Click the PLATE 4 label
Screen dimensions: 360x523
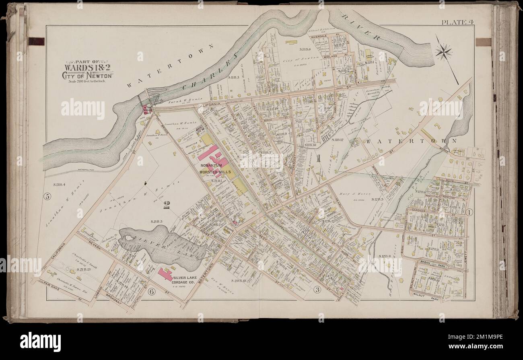coord(457,22)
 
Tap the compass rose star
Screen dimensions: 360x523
coord(443,52)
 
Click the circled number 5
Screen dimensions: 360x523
coord(47,197)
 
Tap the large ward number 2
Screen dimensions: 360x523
coord(166,206)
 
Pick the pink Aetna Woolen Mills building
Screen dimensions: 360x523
coord(145,109)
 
